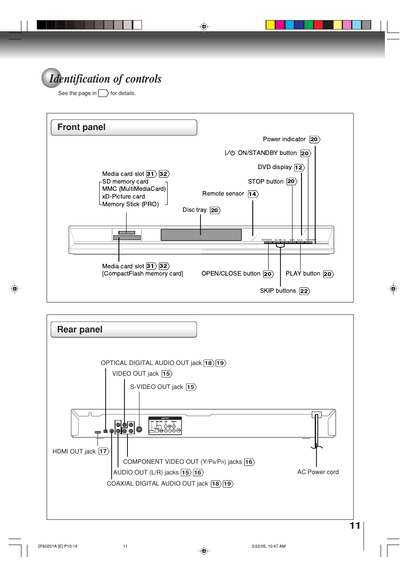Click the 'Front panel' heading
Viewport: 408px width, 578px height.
coord(81,127)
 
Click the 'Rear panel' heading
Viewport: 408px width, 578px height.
coord(80,330)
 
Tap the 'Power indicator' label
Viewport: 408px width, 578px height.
coord(284,139)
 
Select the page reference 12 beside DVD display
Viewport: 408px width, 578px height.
coord(299,168)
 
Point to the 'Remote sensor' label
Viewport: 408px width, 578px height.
coord(223,194)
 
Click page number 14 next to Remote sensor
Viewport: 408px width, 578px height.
coord(253,194)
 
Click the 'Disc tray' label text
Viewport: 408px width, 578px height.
coord(194,210)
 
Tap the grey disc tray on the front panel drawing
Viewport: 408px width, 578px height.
coord(201,235)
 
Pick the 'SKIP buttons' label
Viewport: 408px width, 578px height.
coord(278,291)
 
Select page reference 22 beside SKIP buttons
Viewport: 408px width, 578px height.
coord(304,291)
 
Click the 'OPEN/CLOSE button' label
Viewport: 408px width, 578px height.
coord(231,274)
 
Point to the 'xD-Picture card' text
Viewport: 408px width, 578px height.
coord(123,197)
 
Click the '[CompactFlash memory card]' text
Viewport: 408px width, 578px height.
coord(142,274)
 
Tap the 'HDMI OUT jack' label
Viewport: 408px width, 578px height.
coord(74,452)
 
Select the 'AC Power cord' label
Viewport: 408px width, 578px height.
coord(318,472)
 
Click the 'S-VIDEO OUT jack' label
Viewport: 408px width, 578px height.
coord(157,387)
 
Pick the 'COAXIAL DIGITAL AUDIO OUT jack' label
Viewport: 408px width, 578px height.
coord(157,484)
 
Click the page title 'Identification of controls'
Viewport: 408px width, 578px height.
coord(105,79)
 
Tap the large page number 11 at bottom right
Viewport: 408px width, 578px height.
coord(355,526)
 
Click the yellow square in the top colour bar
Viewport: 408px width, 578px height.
coord(270,25)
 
